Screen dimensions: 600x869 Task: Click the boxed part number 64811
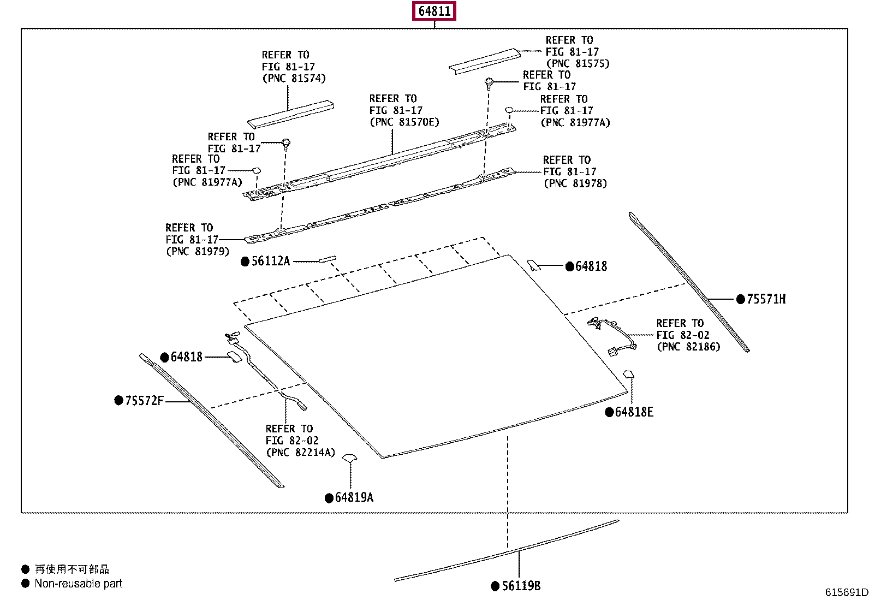pyautogui.click(x=434, y=11)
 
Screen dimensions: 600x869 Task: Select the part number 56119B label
pyautogui.click(x=521, y=586)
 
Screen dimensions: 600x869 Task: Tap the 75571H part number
pyautogui.click(x=766, y=299)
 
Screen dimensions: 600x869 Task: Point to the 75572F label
pyautogui.click(x=144, y=401)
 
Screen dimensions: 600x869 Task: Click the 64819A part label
pyautogui.click(x=354, y=497)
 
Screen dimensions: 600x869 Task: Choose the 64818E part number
pyautogui.click(x=634, y=412)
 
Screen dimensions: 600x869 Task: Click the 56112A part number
pyautogui.click(x=271, y=262)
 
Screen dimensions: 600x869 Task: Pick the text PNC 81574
pyautogui.click(x=294, y=79)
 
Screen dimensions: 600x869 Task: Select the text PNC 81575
pyautogui.click(x=578, y=64)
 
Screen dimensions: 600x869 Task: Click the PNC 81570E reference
pyautogui.click(x=404, y=122)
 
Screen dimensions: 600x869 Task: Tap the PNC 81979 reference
pyautogui.click(x=198, y=252)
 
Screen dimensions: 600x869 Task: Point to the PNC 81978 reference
pyautogui.click(x=575, y=183)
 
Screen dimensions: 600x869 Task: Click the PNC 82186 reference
pyautogui.click(x=688, y=347)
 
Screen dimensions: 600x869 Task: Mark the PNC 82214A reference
pyautogui.click(x=300, y=453)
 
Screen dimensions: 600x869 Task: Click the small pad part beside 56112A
pyautogui.click(x=328, y=259)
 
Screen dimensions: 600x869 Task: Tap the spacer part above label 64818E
pyautogui.click(x=629, y=375)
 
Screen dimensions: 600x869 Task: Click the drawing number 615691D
pyautogui.click(x=846, y=592)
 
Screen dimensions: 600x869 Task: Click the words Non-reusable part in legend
pyautogui.click(x=78, y=584)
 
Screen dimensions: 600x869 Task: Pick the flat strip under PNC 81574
pyautogui.click(x=290, y=114)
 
